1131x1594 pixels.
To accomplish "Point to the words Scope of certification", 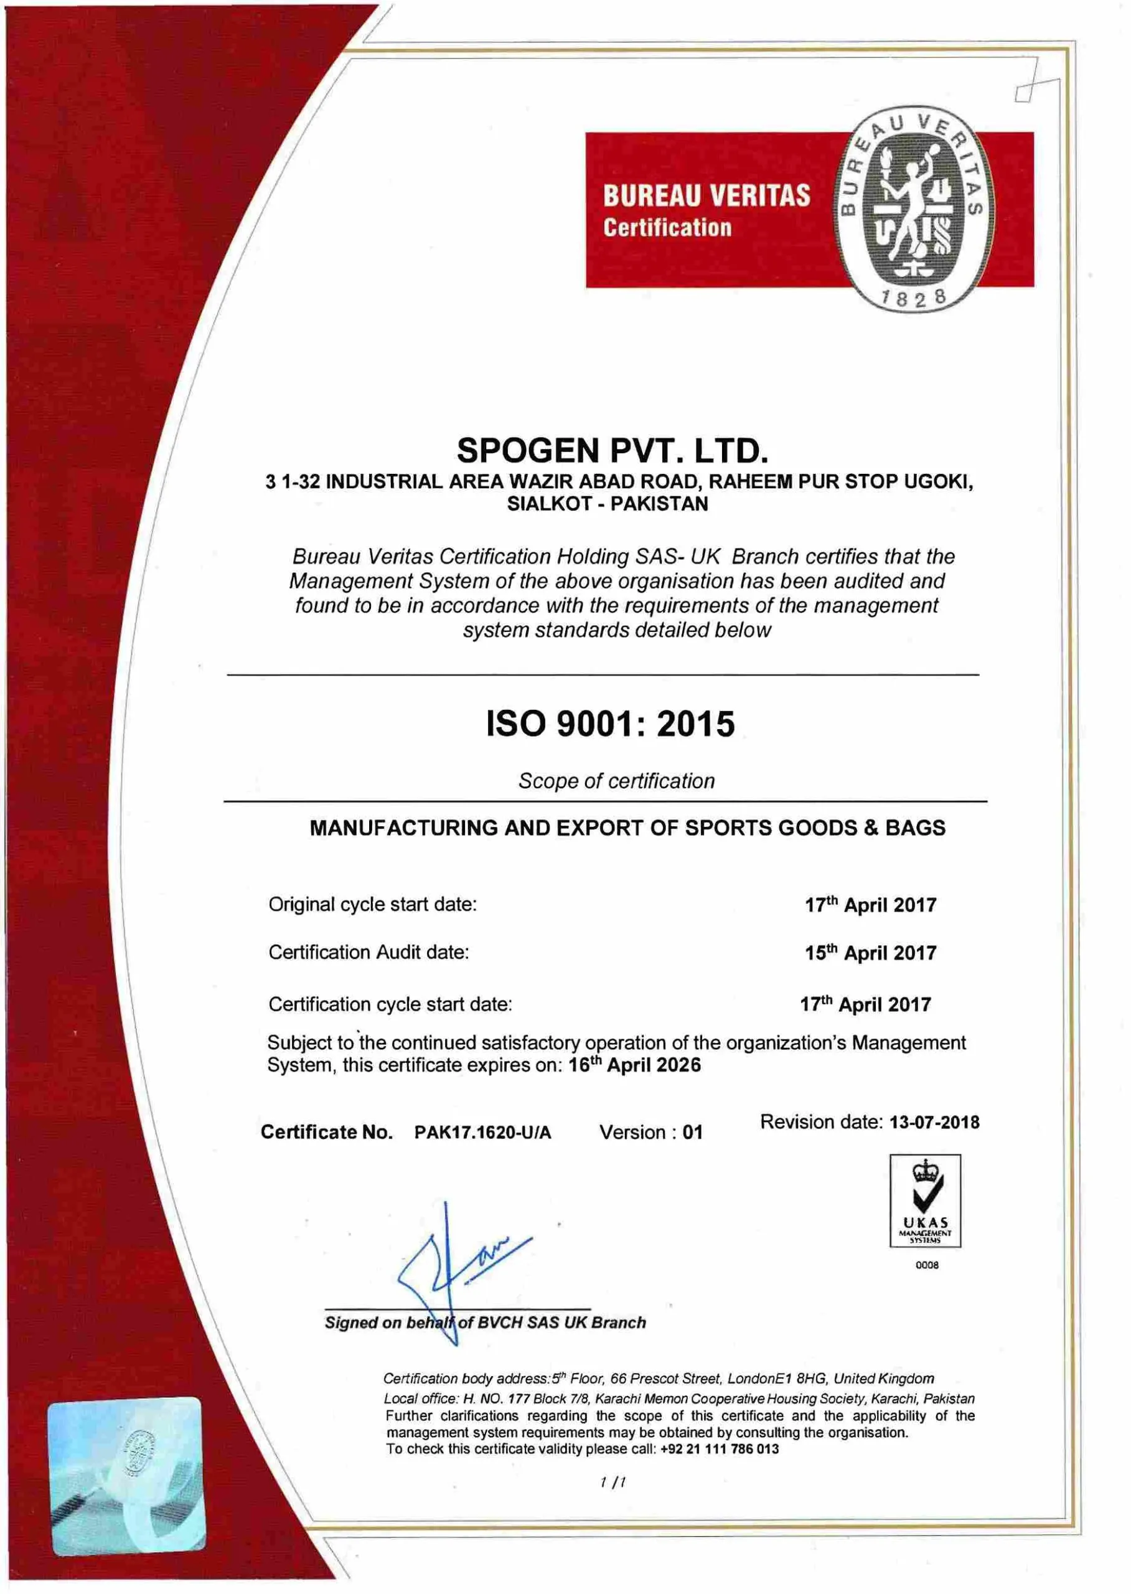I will pyautogui.click(x=616, y=781).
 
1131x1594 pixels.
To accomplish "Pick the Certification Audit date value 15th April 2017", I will pyautogui.click(x=871, y=953).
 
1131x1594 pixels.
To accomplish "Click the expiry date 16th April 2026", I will pyautogui.click(x=634, y=1065).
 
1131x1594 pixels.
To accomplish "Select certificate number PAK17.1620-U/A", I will pyautogui.click(x=482, y=1133).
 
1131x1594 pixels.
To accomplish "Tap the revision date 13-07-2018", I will pyautogui.click(x=934, y=1123).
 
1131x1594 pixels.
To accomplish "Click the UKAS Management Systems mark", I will pyautogui.click(x=925, y=1200).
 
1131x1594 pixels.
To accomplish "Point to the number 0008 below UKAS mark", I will pyautogui.click(x=927, y=1265).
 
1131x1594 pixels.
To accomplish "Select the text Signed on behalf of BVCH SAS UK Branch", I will pyautogui.click(x=486, y=1323).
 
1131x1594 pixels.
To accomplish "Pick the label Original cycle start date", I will pyautogui.click(x=373, y=904).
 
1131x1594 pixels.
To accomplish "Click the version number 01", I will pyautogui.click(x=692, y=1133).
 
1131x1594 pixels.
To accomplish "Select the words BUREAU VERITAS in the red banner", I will pyautogui.click(x=706, y=195).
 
